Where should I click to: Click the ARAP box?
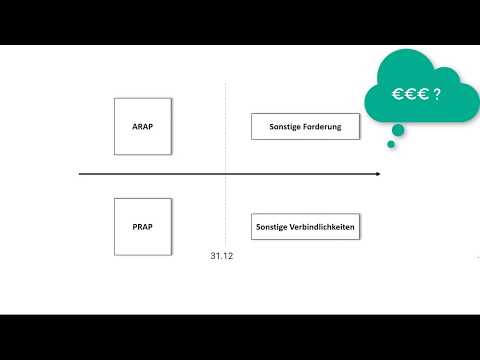tap(143, 126)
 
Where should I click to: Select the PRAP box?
tap(143, 227)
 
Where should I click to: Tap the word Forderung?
tap(324, 127)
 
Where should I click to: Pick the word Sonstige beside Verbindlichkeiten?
tap(274, 227)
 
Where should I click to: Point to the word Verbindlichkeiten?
tap(324, 227)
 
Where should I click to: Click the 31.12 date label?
tap(222, 257)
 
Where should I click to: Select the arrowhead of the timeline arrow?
tap(377, 175)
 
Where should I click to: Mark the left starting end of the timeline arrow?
tap(82, 175)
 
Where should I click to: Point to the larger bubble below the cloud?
tap(398, 129)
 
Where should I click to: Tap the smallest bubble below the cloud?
tap(391, 144)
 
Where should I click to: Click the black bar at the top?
tap(240, 22)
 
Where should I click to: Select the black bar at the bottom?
tap(240, 337)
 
